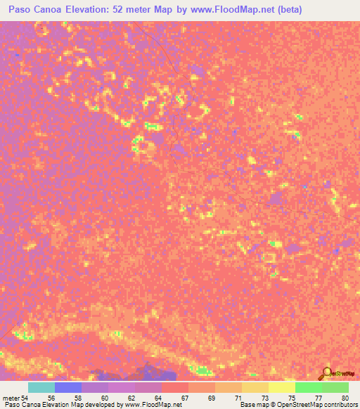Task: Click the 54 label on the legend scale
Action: click(25, 397)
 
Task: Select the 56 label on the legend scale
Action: click(51, 397)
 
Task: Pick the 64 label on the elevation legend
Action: click(159, 397)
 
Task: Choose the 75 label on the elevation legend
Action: click(292, 397)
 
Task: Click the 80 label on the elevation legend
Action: click(345, 397)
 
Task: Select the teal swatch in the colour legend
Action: click(41, 387)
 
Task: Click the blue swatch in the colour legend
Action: click(68, 387)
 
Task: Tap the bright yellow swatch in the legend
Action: click(282, 387)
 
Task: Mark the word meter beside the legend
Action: click(11, 397)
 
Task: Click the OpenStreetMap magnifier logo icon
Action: click(326, 372)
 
